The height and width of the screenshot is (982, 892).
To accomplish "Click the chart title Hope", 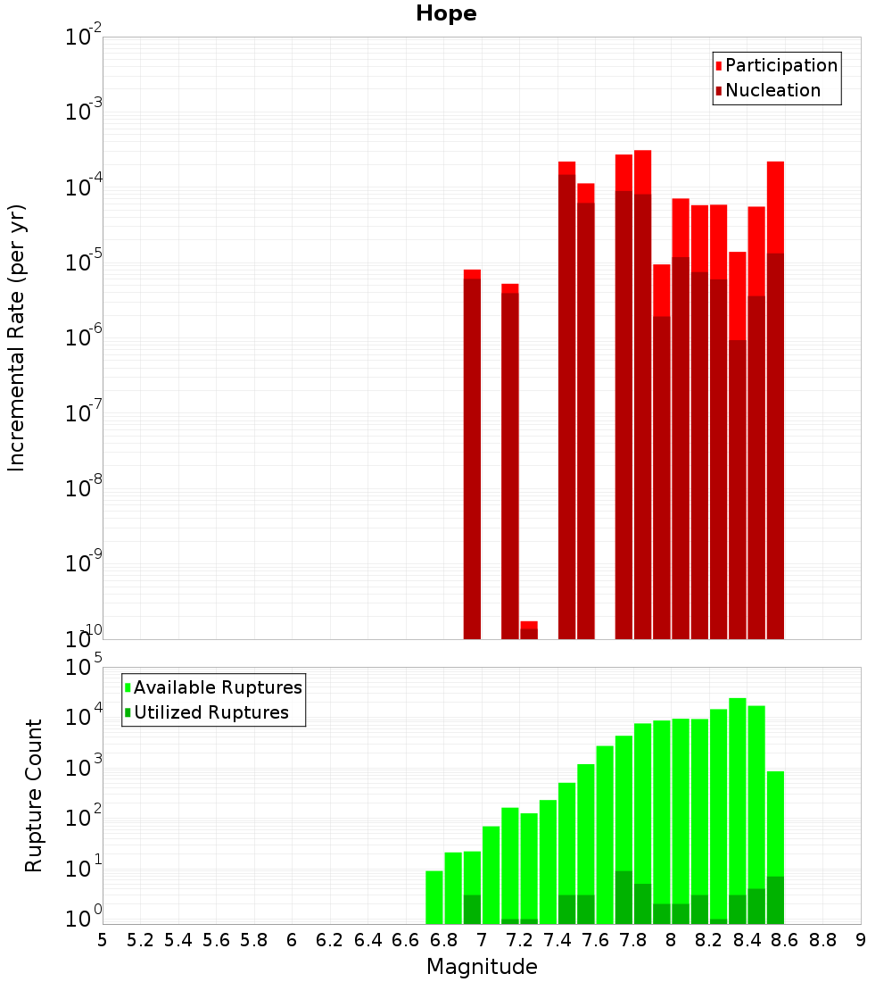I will click(x=446, y=14).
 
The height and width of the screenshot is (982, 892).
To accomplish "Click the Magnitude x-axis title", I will click(x=482, y=967).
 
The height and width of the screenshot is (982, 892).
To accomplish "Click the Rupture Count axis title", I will click(x=34, y=795).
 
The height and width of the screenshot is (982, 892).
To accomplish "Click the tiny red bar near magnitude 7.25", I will click(x=529, y=630).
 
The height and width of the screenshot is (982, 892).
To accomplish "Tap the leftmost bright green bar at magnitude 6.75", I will click(x=434, y=897).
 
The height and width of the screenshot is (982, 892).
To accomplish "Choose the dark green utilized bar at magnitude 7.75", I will click(x=624, y=897).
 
